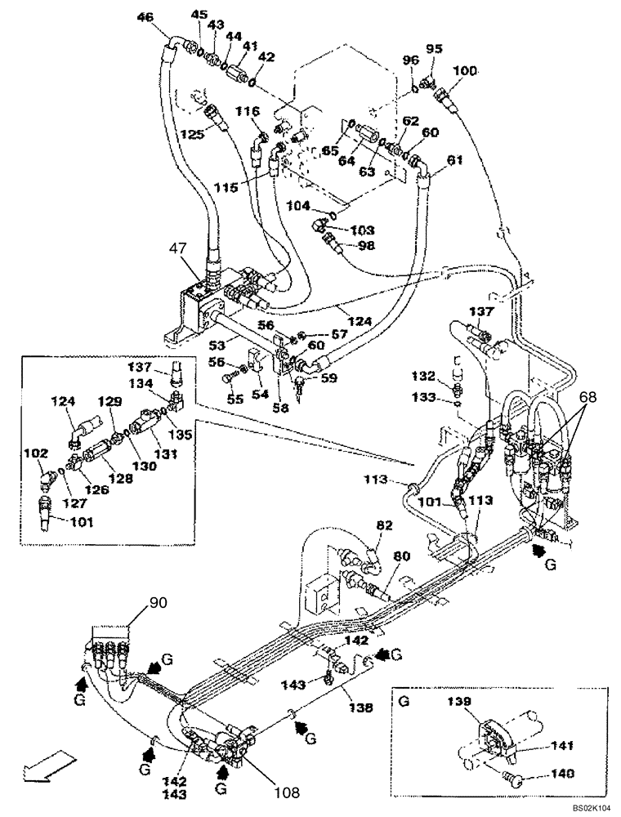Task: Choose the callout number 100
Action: [x=464, y=71]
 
